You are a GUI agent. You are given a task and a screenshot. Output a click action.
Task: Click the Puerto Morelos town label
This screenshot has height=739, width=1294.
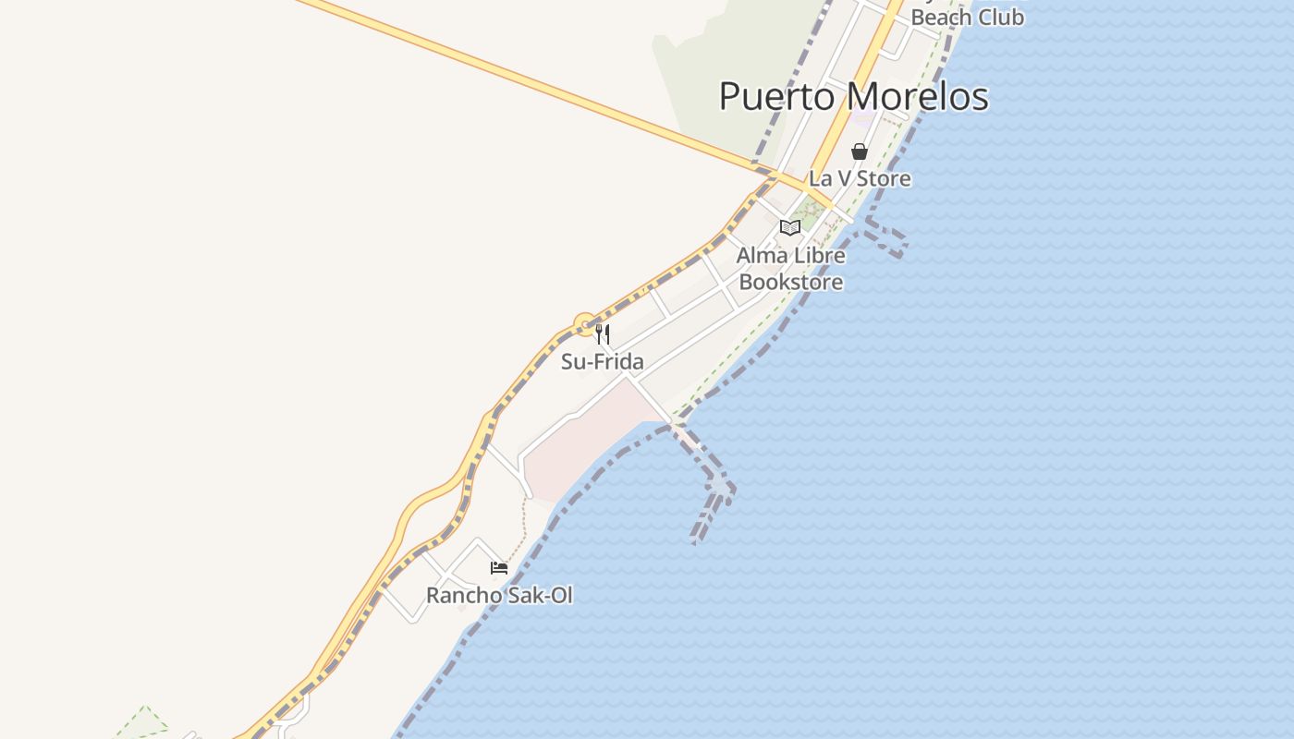click(853, 96)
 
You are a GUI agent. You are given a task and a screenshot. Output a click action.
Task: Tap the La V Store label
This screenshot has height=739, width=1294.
click(860, 178)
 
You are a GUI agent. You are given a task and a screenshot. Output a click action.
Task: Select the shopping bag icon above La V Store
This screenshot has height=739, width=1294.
click(860, 151)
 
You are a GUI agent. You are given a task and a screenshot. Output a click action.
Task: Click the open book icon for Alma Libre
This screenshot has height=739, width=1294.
click(789, 227)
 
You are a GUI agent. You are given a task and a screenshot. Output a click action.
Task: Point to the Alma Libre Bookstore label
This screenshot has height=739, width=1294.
click(791, 269)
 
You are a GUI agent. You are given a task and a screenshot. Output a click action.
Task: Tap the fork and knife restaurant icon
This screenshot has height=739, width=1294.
click(603, 333)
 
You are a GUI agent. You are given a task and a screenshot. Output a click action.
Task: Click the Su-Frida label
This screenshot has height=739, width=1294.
click(602, 361)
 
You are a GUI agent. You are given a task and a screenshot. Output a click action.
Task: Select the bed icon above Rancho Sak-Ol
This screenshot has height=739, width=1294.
click(499, 568)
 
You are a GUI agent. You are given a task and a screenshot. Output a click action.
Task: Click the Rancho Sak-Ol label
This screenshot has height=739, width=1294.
click(499, 596)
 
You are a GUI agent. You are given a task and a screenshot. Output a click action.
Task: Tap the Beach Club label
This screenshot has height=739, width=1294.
click(967, 17)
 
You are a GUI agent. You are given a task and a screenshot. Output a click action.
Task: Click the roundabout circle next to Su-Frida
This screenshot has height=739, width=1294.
click(584, 324)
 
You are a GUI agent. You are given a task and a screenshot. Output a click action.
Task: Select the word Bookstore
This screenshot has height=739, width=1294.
click(791, 282)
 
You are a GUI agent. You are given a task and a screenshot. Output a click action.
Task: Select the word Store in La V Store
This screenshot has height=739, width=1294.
click(885, 178)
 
